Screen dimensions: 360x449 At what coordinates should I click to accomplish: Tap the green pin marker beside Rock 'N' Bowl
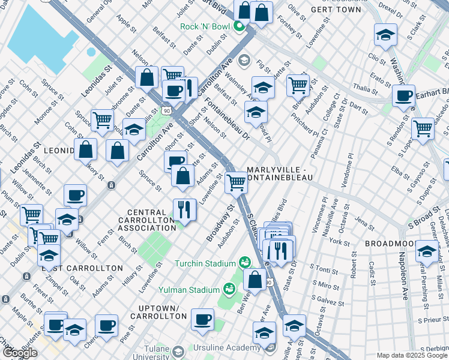pos(239,26)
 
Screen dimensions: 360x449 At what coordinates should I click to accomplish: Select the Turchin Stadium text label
pos(205,263)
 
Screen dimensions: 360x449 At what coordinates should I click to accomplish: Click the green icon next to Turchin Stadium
pos(244,262)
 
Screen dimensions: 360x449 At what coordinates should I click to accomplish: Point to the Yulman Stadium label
pos(193,290)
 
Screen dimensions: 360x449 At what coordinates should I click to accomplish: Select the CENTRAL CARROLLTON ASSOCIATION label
pos(154,220)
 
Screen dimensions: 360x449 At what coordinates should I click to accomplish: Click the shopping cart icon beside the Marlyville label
pos(237,182)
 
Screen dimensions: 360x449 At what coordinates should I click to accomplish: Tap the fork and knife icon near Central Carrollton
pos(184,209)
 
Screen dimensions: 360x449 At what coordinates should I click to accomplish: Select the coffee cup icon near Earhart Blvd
pos(403,95)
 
